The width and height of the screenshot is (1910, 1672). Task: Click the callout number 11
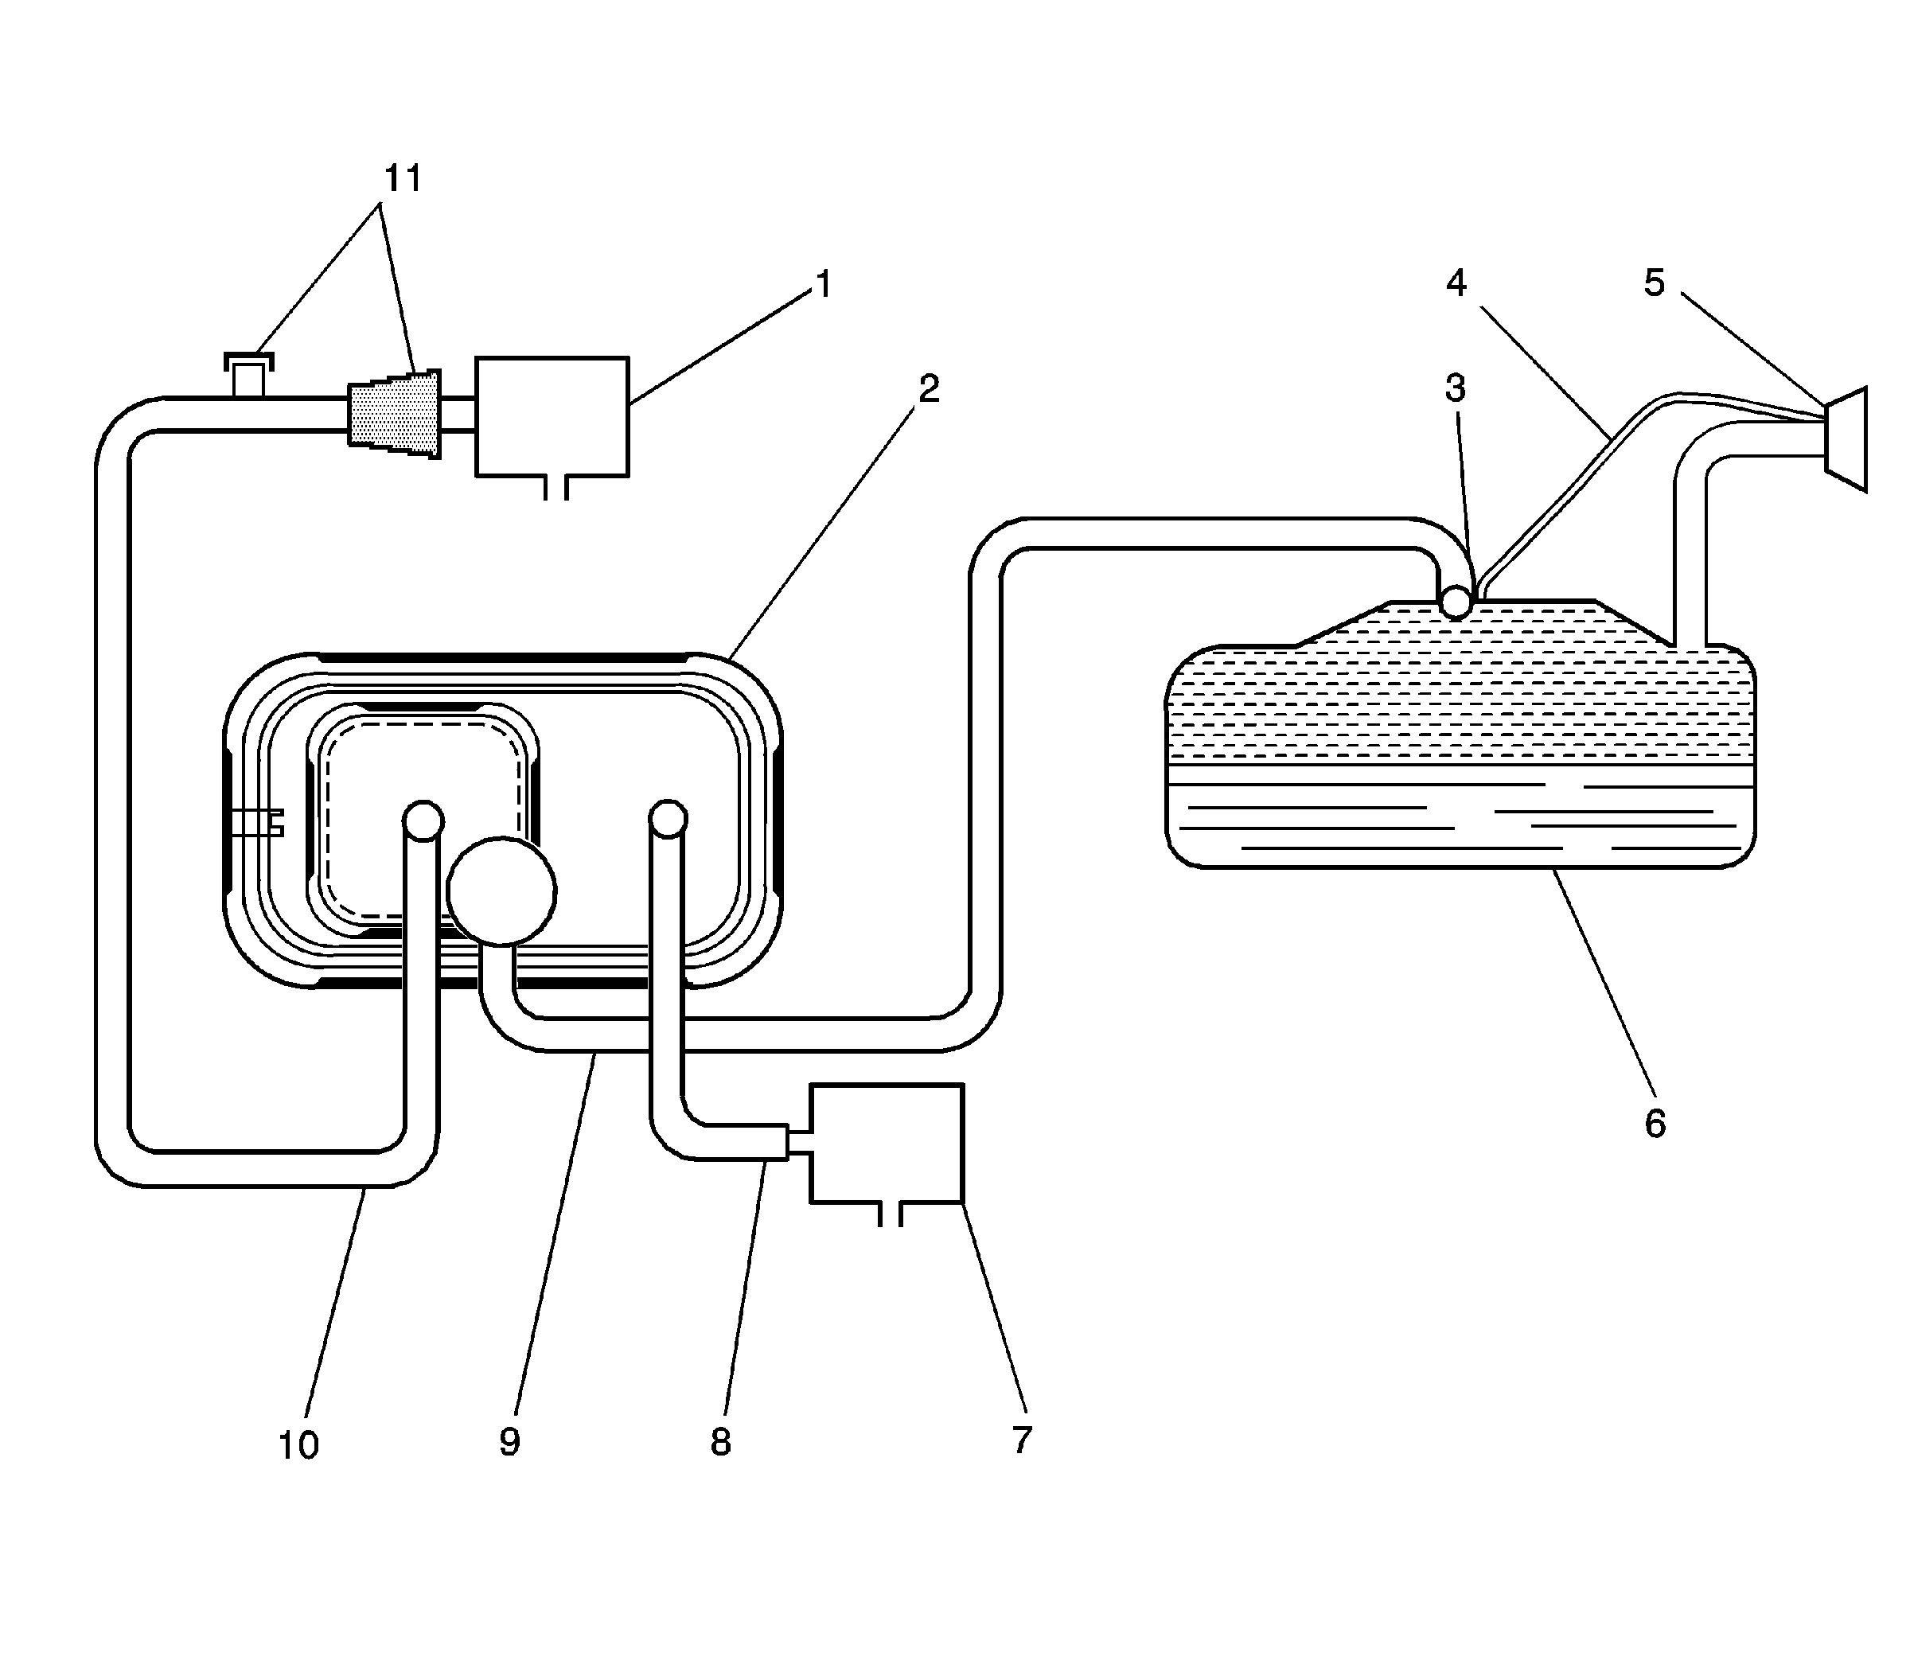tap(403, 178)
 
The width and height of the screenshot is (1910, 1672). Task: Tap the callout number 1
tap(823, 283)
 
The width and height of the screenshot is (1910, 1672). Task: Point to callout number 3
tap(1455, 388)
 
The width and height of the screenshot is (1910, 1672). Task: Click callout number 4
tap(1456, 283)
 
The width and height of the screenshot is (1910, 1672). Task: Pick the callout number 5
tap(1654, 283)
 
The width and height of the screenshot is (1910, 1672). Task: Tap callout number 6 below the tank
tap(1655, 1124)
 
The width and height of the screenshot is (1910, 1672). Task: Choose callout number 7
tap(1022, 1440)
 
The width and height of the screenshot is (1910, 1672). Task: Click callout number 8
tap(720, 1443)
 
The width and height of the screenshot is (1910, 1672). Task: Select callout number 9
tap(509, 1441)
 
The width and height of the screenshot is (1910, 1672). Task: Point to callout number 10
tap(298, 1445)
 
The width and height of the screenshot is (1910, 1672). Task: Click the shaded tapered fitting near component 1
tap(395, 413)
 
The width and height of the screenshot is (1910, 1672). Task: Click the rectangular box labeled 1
tap(552, 416)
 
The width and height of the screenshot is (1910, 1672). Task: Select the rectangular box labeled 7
tap(887, 1142)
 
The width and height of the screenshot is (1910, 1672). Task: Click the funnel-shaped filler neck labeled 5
tap(1846, 438)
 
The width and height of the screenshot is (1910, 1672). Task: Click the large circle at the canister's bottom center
tap(502, 892)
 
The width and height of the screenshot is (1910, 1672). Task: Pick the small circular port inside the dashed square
tap(423, 820)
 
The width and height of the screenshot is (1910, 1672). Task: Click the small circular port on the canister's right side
tap(668, 819)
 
